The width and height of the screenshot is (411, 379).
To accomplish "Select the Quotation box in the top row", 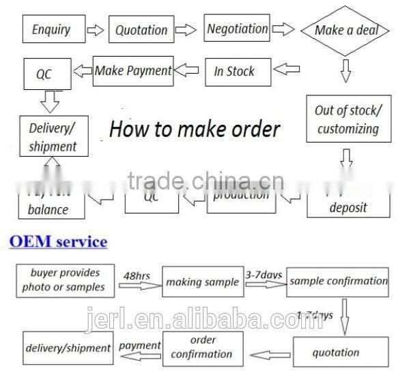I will (x=141, y=30).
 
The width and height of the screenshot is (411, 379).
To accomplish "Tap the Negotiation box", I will (x=237, y=29).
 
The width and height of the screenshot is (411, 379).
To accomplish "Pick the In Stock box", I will (x=234, y=71).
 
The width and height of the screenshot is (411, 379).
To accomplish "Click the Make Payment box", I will (x=133, y=70).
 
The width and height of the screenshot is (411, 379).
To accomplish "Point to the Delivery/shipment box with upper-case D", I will (x=53, y=136).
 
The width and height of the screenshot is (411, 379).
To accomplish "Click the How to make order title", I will (x=195, y=128).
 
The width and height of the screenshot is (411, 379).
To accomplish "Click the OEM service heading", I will (x=57, y=241).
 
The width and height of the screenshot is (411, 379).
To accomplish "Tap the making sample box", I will (x=202, y=282).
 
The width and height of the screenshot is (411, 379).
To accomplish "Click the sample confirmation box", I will (x=338, y=281).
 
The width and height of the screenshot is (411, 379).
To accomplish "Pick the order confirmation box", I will (x=201, y=347).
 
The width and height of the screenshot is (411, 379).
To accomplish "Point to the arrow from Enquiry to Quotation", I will (x=97, y=30).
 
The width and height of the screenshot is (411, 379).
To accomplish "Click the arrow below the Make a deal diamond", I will (x=345, y=69).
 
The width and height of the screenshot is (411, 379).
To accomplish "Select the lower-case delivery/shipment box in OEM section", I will (x=68, y=348).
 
